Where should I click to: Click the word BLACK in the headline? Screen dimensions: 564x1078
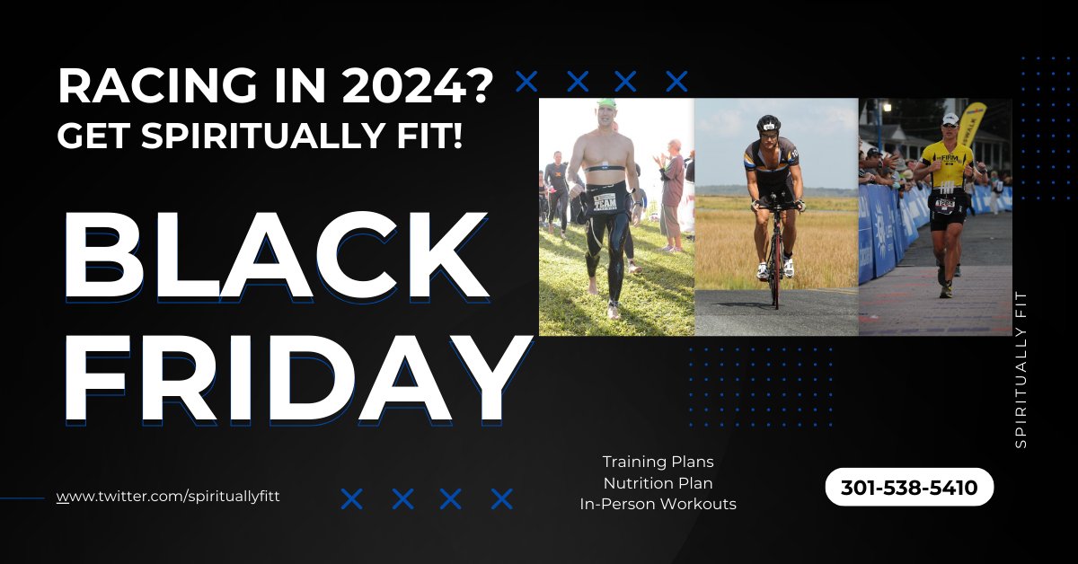(276, 251)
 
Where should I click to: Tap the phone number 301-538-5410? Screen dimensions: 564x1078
(908, 488)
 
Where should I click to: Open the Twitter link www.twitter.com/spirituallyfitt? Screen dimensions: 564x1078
(168, 496)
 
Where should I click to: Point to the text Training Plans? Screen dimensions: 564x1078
(658, 462)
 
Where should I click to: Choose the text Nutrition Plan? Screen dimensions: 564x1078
(658, 483)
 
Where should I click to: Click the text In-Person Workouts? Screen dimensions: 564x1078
(658, 504)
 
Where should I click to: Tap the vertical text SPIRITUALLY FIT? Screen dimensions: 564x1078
(1020, 369)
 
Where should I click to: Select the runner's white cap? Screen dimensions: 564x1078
(950, 119)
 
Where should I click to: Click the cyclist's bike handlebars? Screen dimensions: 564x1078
(774, 206)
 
